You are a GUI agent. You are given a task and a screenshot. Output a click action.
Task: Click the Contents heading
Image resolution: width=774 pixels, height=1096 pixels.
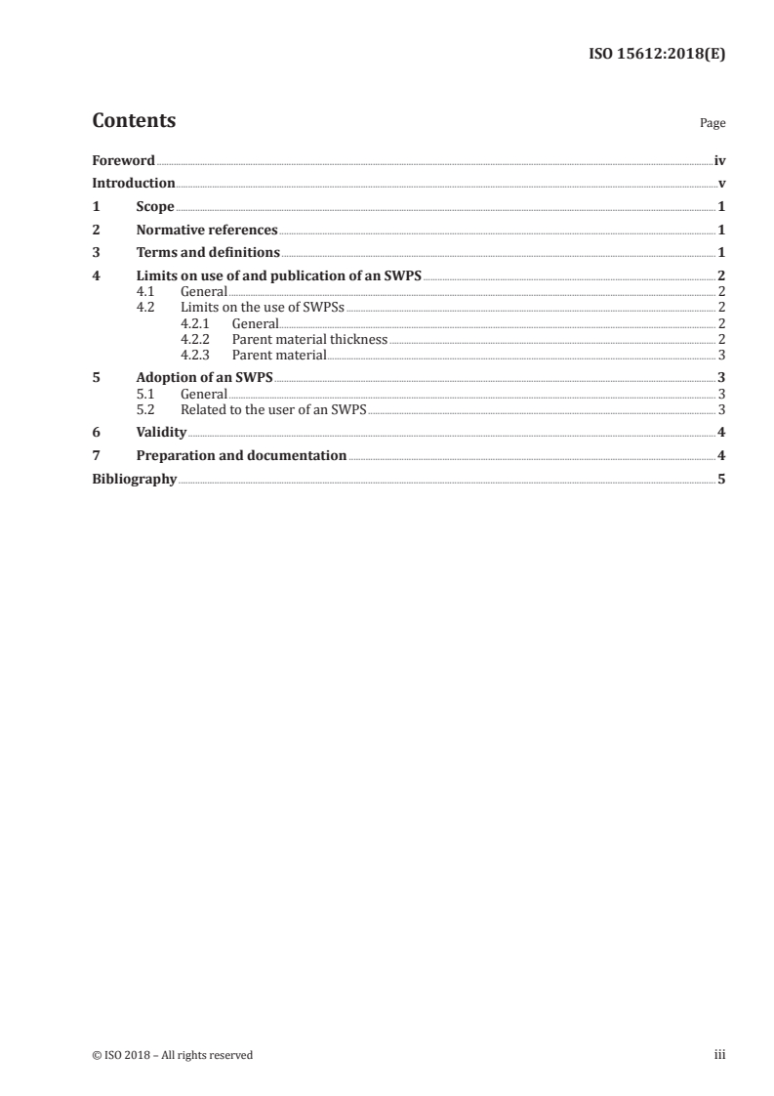coord(134,121)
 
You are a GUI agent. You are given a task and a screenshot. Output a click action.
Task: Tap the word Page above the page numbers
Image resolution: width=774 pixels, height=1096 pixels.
coord(713,124)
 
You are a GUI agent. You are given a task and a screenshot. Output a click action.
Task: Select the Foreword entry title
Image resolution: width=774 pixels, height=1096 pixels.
coord(123,160)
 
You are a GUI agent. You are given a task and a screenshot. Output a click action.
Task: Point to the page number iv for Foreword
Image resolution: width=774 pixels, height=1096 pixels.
coord(719,160)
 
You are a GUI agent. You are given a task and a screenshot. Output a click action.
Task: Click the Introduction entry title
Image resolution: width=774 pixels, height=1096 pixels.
coord(134,184)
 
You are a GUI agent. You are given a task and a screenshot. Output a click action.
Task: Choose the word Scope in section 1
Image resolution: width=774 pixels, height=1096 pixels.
coord(155,207)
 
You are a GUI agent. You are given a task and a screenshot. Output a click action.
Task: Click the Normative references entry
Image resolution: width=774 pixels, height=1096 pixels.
coord(207,231)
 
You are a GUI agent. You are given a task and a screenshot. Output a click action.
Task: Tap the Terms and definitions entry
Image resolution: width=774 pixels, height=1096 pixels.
coord(208,254)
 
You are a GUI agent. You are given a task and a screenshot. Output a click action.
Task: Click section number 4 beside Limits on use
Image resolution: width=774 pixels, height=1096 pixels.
coord(96,277)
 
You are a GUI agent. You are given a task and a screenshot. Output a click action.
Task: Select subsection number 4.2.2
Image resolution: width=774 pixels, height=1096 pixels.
coord(197,340)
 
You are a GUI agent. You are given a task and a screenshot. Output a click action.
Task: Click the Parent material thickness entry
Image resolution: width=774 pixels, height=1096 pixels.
coord(309,340)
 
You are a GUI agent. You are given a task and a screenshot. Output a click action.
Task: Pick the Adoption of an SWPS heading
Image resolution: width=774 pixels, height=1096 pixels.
coord(204,378)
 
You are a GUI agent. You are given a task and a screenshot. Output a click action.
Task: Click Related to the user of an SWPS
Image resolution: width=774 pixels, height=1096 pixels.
coord(273,410)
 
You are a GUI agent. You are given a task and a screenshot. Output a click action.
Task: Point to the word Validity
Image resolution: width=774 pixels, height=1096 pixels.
coord(161,433)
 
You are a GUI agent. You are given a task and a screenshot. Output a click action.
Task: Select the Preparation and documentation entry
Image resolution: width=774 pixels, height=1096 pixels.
coord(241,456)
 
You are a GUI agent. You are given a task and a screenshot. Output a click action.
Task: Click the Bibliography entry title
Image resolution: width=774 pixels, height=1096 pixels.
coord(134,480)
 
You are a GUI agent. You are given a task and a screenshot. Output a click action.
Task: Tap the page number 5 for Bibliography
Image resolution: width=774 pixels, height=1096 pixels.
coord(721,480)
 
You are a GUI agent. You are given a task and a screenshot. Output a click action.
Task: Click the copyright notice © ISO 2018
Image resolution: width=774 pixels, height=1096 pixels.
coord(172,1055)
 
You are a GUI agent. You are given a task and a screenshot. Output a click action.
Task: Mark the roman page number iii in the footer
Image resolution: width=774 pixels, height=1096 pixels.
coord(719,1055)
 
